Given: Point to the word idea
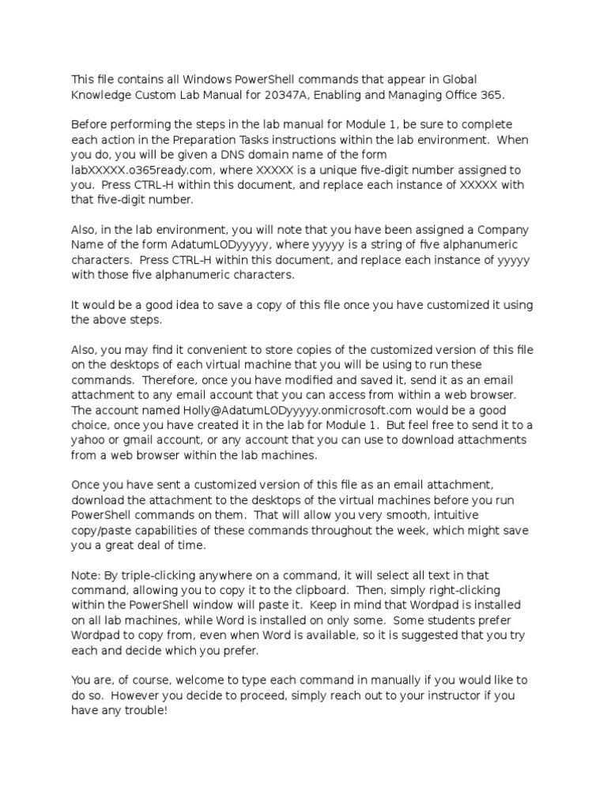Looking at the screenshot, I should pos(182,305).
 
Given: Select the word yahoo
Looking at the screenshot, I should pos(89,440).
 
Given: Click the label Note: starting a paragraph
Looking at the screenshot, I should pos(86,575).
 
